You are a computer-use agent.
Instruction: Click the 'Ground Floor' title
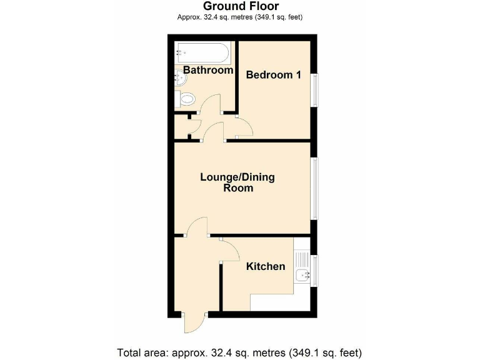coord(240,6)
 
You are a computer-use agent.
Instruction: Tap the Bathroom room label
coord(207,70)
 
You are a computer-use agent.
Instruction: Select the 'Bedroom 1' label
coord(274,75)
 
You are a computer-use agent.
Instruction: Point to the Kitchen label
coord(266,266)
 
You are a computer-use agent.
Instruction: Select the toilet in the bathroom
coord(186,99)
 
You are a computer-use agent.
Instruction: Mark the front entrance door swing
coord(192,324)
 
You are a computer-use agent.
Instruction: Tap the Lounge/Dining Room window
coord(316,188)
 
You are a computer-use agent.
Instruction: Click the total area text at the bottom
coord(240,351)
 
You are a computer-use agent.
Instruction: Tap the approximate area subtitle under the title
coord(240,17)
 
